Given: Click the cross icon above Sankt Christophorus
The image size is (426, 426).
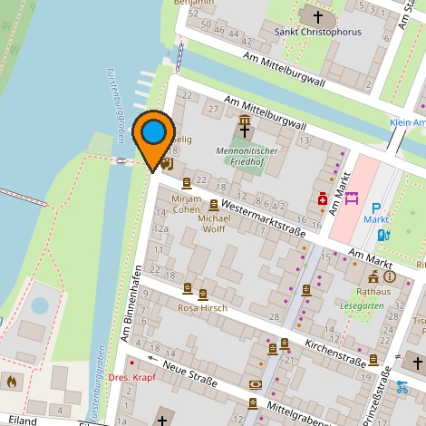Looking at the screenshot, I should (317, 16).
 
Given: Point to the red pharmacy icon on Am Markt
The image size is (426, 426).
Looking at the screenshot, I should (322, 199).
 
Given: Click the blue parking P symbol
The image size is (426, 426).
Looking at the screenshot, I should (376, 207).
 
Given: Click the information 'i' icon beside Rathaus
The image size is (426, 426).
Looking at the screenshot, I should (390, 276).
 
